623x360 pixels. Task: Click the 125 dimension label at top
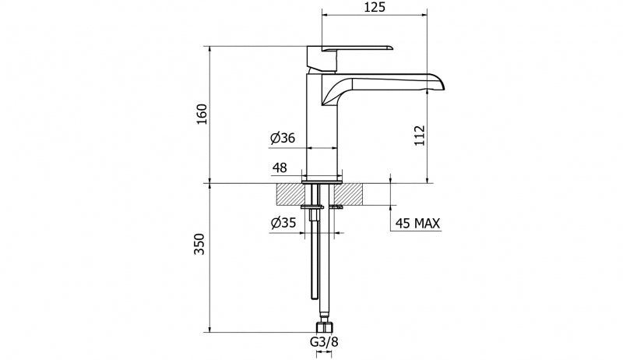coord(375,7)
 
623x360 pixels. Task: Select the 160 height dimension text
coord(202,114)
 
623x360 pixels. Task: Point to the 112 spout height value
coord(420,136)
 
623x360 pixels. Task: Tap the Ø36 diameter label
coord(283,138)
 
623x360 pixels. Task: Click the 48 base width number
coord(280,168)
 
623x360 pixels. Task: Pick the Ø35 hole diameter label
coord(283,223)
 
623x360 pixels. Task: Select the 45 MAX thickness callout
coord(418,224)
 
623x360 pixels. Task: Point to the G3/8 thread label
coord(324,341)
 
